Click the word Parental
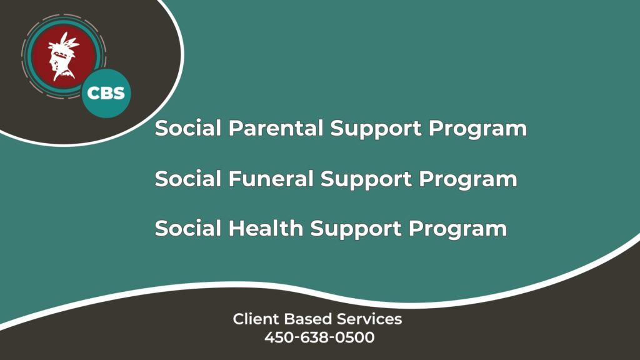tap(276, 127)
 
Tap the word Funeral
tap(271, 178)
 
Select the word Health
tap(266, 228)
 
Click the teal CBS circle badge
tap(106, 93)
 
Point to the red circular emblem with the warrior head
tap(64, 56)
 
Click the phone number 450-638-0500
tap(319, 337)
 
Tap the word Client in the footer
tap(256, 319)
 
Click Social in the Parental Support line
tap(188, 127)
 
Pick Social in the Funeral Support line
tap(188, 178)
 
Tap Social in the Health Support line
tap(188, 228)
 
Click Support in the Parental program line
tap(376, 129)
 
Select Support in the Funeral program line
tap(366, 179)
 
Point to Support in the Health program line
tap(356, 229)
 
